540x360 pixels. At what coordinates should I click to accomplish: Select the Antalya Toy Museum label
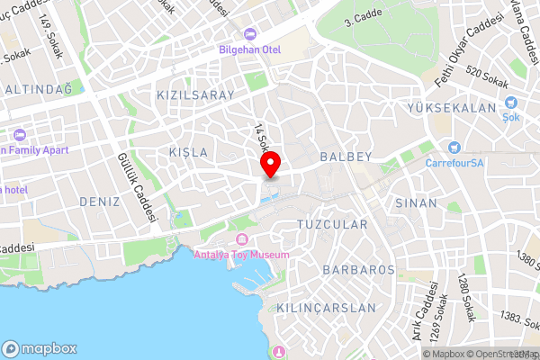tap(242, 255)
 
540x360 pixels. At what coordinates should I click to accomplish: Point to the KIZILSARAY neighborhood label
tap(195, 94)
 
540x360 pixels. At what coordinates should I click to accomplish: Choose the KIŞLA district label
tap(188, 152)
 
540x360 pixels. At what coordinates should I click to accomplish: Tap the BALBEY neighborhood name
tap(345, 157)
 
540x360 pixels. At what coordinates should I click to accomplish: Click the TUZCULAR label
tap(332, 223)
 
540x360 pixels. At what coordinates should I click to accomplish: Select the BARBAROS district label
tap(358, 269)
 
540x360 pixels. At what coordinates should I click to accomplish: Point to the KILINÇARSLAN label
tap(328, 308)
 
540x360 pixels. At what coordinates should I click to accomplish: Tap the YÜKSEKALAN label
tap(452, 108)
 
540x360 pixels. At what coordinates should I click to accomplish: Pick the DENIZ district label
tap(99, 201)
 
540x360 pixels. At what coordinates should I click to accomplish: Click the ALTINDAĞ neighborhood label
tap(38, 89)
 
